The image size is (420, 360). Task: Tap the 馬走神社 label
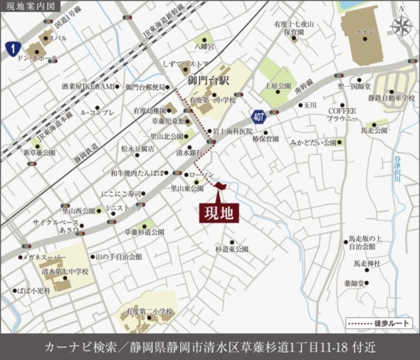[367, 264]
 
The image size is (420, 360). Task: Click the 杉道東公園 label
[231, 249]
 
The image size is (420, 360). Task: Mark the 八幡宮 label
[204, 47]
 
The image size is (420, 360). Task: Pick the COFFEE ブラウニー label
[343, 115]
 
